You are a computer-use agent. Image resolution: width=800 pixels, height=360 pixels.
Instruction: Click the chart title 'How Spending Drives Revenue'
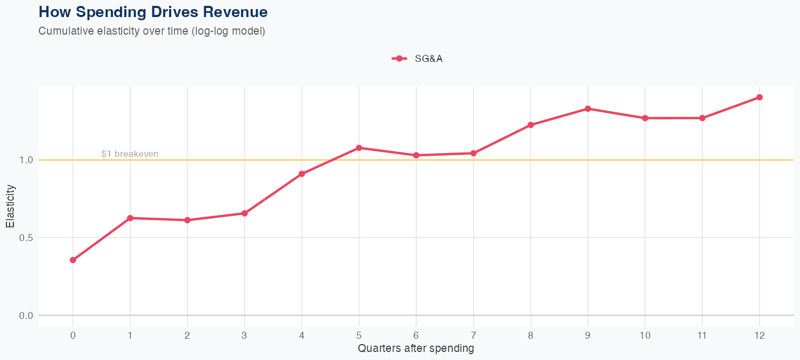(153, 12)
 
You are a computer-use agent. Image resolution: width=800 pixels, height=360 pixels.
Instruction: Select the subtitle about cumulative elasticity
(151, 31)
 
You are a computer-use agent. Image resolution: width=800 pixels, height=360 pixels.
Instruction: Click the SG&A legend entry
(418, 59)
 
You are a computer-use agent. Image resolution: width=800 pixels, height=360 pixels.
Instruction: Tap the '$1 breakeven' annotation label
(130, 154)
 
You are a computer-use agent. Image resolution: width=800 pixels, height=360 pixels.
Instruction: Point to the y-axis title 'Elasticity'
(10, 206)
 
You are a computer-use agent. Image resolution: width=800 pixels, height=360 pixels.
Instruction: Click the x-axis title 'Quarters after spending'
(415, 349)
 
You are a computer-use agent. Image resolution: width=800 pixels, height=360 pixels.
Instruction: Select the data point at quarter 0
(73, 260)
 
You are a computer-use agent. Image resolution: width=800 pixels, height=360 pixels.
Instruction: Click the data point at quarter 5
(359, 148)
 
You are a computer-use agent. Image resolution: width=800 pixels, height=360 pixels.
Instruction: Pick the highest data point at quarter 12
(759, 97)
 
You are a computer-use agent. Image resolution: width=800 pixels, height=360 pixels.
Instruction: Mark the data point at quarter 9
(588, 109)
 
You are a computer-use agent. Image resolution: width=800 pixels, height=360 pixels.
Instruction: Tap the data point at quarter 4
(302, 174)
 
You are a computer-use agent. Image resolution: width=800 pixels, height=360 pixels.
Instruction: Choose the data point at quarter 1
(130, 218)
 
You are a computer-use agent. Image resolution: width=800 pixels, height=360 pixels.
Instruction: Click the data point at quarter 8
(531, 125)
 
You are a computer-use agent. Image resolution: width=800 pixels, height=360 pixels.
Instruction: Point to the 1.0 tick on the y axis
(26, 160)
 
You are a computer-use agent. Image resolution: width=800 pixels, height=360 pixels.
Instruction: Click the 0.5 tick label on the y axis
(26, 238)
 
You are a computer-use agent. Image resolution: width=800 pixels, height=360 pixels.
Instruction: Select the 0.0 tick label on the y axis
(26, 316)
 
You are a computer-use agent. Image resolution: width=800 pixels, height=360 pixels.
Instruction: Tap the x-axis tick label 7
(473, 335)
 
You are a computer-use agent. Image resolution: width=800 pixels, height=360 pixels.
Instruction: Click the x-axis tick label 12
(759, 335)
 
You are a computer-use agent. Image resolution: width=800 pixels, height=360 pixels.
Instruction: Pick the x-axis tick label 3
(244, 335)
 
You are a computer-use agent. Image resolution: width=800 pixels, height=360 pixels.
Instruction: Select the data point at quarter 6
(416, 155)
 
